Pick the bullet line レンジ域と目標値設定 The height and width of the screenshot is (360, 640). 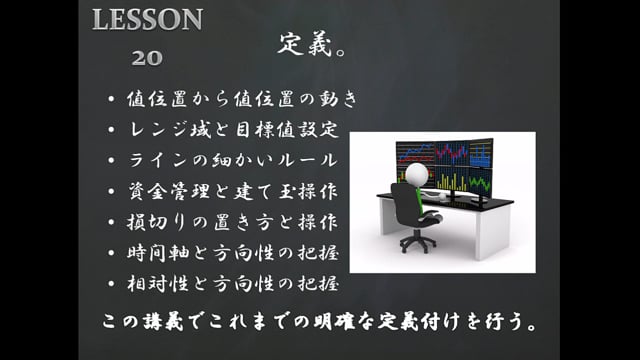[x=235, y=130]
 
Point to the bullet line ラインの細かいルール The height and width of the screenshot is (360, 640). [x=235, y=161]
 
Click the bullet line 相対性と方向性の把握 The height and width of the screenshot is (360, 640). [x=235, y=282]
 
